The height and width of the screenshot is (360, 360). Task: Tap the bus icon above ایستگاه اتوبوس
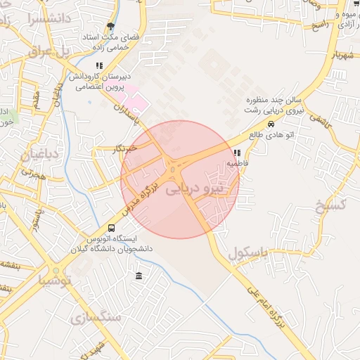111,228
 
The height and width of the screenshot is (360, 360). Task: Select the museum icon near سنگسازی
139,274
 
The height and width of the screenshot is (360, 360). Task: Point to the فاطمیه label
237,163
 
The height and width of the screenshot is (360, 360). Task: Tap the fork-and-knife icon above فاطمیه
237,153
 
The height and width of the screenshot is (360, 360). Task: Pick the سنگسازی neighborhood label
96,318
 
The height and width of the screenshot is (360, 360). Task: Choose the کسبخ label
333,205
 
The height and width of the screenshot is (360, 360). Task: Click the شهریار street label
334,55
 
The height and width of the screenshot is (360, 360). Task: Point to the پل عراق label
51,51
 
